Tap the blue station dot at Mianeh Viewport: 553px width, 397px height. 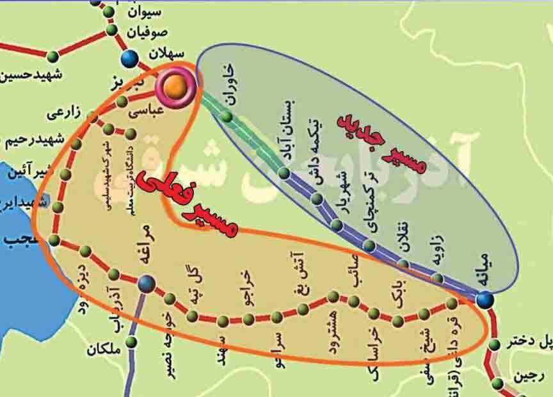(x=485, y=298)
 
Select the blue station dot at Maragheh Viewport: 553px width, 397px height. (x=147, y=282)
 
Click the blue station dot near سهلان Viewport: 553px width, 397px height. (x=130, y=59)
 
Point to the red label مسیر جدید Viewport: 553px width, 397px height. (x=383, y=143)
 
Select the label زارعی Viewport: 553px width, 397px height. (x=65, y=113)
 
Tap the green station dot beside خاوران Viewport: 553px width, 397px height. (x=226, y=116)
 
